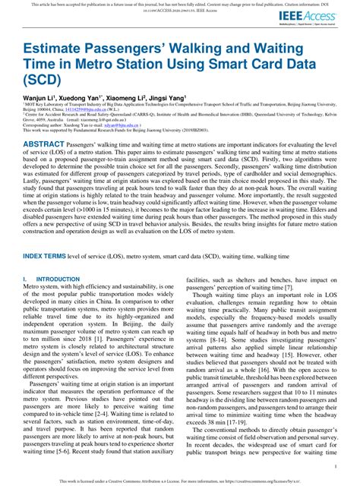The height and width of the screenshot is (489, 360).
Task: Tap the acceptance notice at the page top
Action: pyautogui.click(x=180, y=5)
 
